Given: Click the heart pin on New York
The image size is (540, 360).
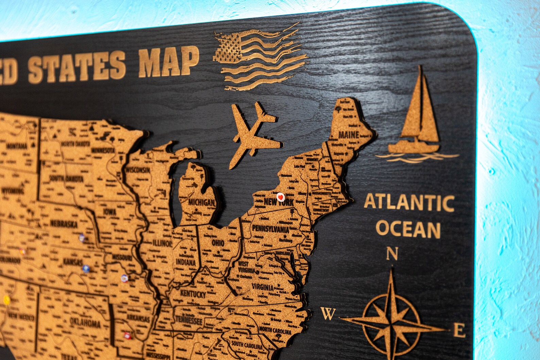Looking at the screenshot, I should point(280,196).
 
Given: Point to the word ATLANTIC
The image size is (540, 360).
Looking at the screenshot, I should point(409,203).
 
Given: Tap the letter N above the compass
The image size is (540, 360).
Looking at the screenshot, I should point(392,254).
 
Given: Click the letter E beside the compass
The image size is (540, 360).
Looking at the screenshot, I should point(459,330).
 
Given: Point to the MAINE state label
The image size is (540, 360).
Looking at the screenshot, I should point(349,135).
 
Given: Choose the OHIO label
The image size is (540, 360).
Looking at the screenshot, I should point(218,243).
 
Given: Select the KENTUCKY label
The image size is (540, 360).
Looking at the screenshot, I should point(193,294).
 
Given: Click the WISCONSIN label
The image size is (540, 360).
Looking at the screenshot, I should point(138,170).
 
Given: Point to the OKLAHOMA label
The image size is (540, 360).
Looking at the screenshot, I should point(85,322).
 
